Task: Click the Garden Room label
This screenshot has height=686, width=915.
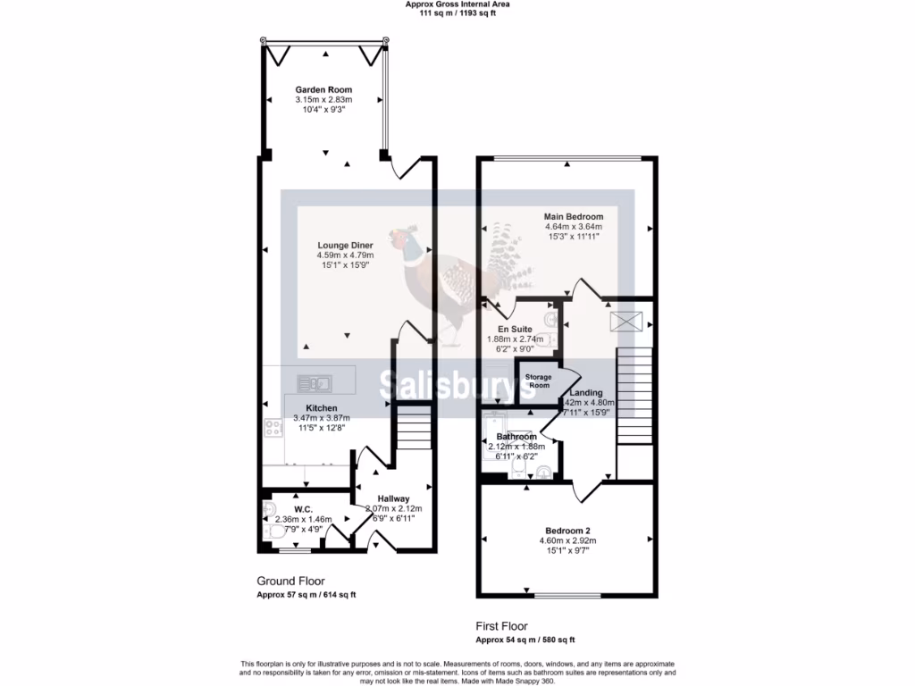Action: [x=323, y=89]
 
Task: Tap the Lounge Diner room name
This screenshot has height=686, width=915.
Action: [x=345, y=245]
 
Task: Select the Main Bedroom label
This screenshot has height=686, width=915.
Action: [x=574, y=216]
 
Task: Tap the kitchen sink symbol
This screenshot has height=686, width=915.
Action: [x=315, y=384]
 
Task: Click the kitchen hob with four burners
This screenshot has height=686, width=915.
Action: [x=273, y=428]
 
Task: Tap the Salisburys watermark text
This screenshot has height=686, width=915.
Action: [x=457, y=384]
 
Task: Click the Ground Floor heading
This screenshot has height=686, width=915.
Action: [x=290, y=581]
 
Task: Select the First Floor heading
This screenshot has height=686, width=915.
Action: [x=501, y=626]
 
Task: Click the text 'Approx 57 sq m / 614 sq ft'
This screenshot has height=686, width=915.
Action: [x=306, y=595]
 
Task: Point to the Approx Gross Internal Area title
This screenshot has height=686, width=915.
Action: [x=457, y=4]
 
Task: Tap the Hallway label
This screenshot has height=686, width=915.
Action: [x=393, y=498]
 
